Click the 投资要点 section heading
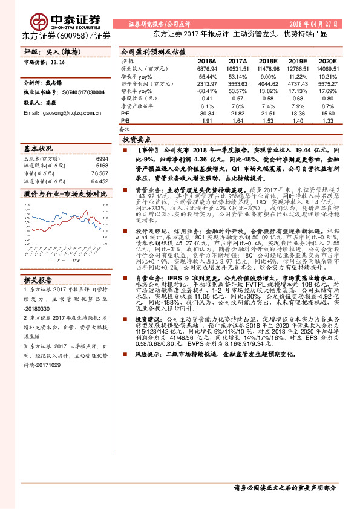point(137,138)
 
